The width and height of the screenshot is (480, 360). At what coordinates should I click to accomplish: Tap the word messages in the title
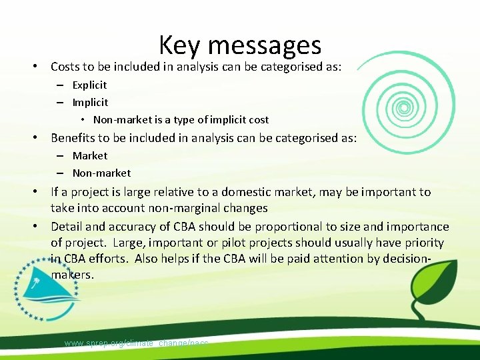pyautogui.click(x=265, y=45)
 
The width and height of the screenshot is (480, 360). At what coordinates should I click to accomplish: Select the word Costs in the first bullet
pyautogui.click(x=65, y=67)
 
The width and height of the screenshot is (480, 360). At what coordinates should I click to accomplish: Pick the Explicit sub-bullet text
pyautogui.click(x=89, y=85)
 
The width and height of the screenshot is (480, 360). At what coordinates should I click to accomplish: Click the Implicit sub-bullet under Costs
pyautogui.click(x=90, y=103)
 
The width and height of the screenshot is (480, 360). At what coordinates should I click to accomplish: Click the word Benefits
pyautogui.click(x=74, y=138)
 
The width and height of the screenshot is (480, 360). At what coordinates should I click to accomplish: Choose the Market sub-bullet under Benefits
pyautogui.click(x=89, y=156)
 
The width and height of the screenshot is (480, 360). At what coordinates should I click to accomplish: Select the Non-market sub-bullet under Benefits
pyautogui.click(x=101, y=173)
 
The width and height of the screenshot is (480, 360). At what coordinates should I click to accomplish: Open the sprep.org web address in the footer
pyautogui.click(x=136, y=343)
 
